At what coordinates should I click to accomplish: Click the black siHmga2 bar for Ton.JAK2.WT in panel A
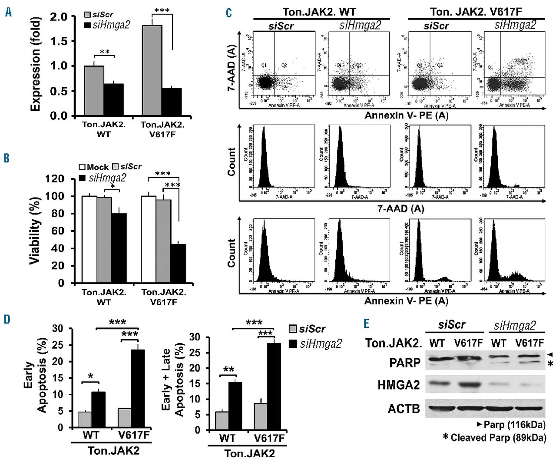[113, 99]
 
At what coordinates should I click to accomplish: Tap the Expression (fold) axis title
[36, 64]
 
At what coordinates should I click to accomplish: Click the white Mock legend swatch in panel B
[82, 167]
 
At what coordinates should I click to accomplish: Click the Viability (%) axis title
[35, 230]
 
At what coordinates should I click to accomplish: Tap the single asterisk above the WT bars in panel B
[112, 186]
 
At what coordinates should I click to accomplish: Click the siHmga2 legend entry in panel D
[321, 344]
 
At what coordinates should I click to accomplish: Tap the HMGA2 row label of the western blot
[399, 384]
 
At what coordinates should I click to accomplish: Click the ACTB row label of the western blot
[404, 409]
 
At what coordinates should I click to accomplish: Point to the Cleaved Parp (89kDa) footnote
[497, 437]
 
